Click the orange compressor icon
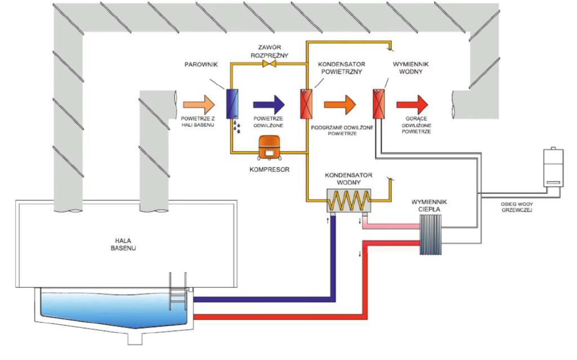click(x=269, y=148)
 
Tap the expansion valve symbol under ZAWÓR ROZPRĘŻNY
click(x=269, y=64)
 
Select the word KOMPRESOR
click(x=269, y=169)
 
